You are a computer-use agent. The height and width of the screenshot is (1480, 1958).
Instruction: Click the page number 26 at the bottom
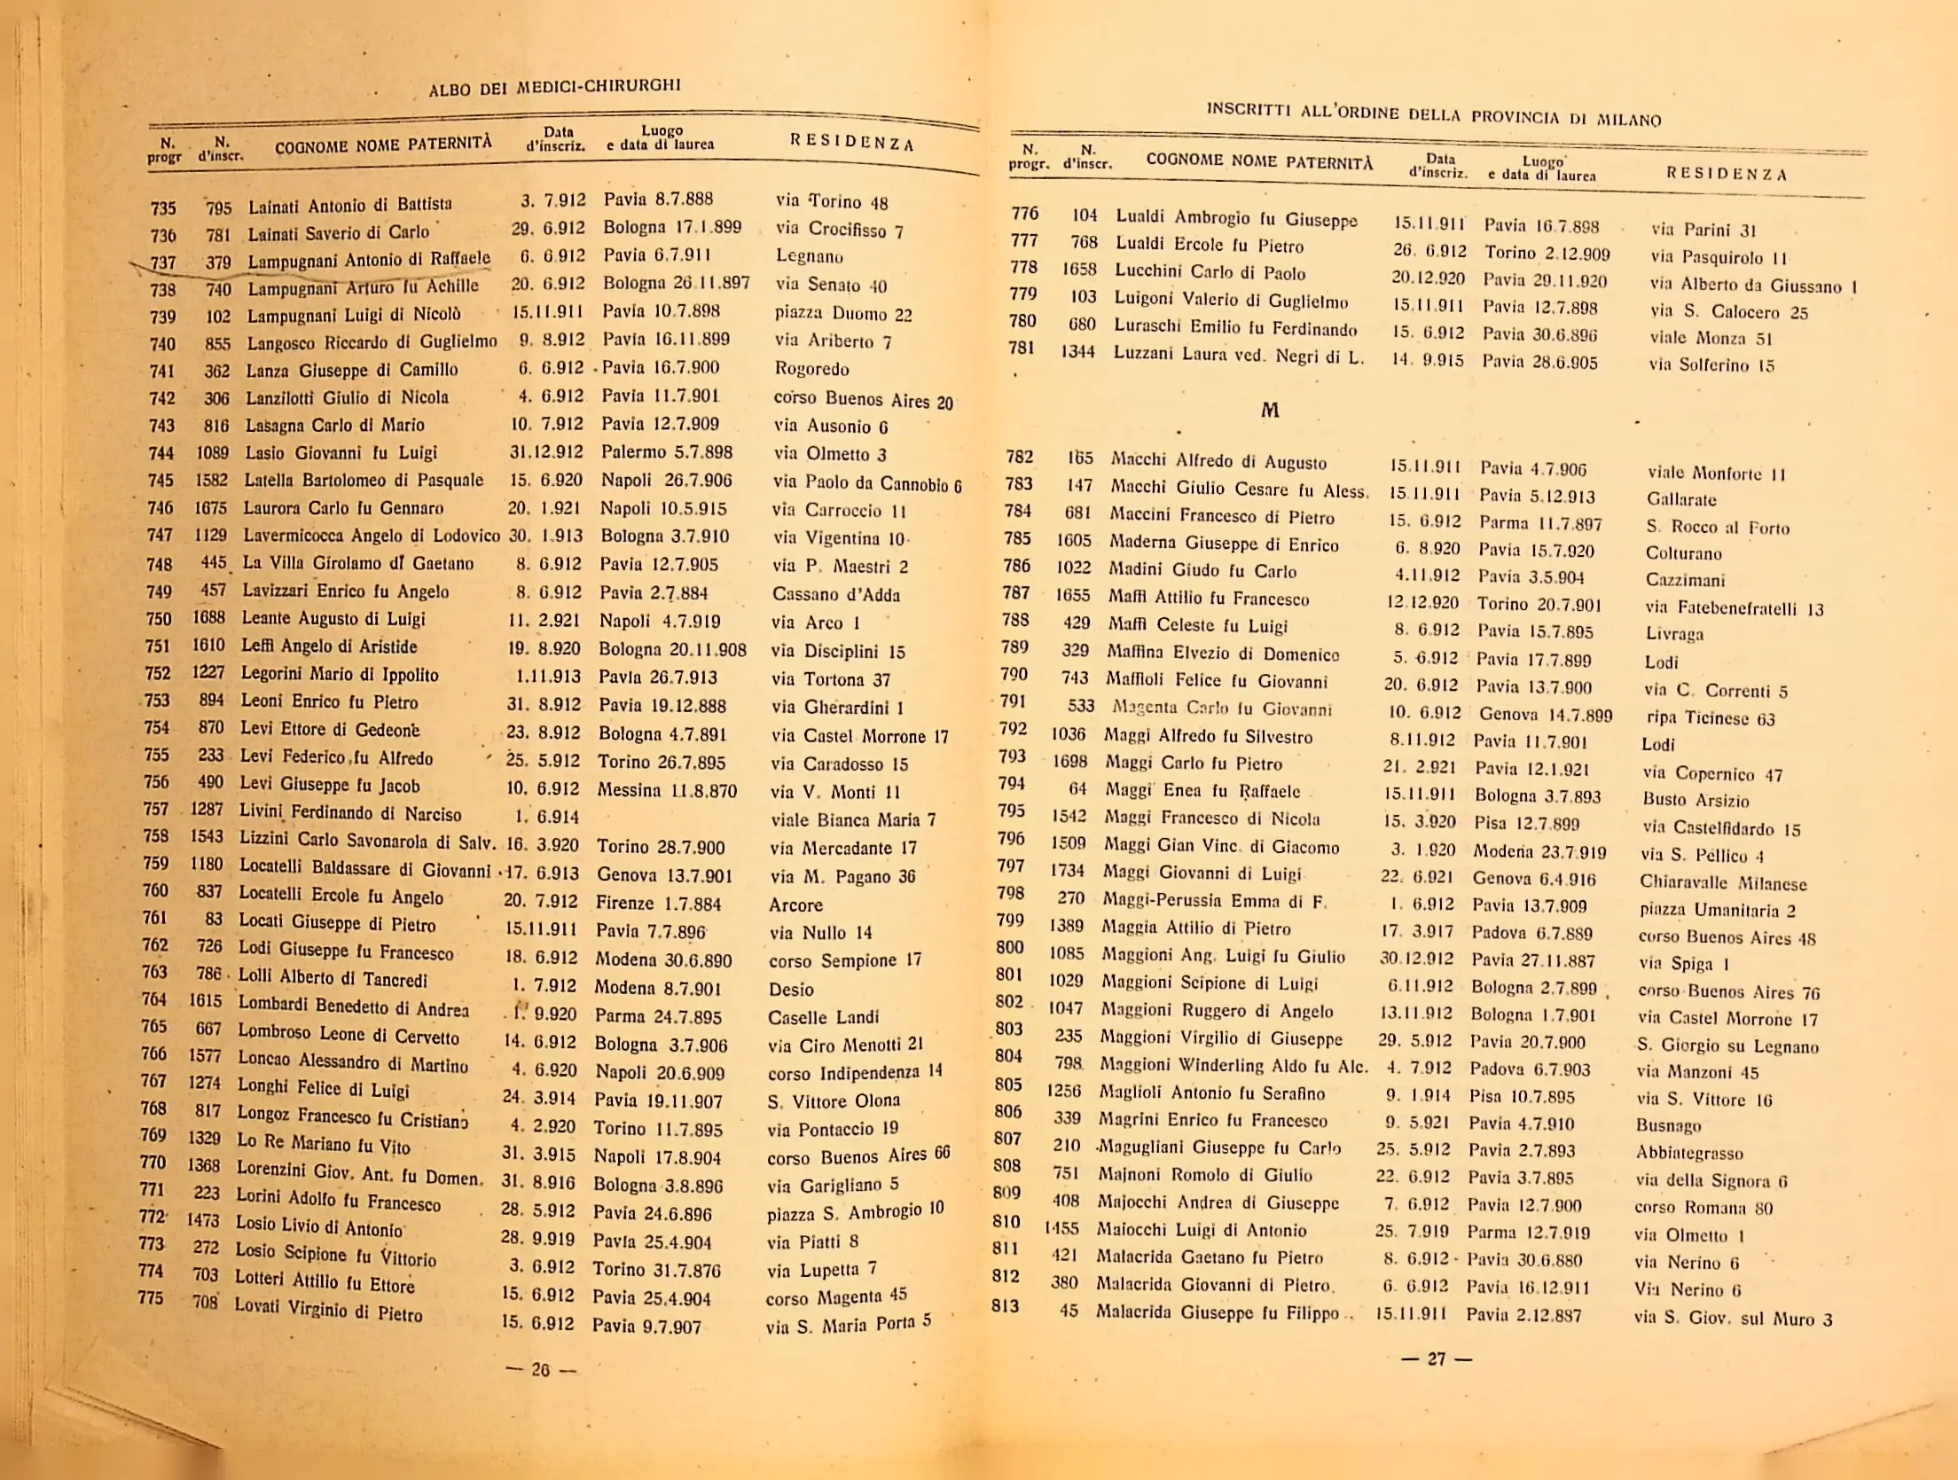click(x=540, y=1369)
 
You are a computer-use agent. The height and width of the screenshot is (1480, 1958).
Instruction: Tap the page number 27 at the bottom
click(x=1437, y=1359)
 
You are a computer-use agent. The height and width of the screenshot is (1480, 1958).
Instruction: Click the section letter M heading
click(x=1270, y=411)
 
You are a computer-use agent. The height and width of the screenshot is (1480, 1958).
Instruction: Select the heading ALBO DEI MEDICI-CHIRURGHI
click(x=554, y=87)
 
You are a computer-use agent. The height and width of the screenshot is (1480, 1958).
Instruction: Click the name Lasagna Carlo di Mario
click(x=334, y=425)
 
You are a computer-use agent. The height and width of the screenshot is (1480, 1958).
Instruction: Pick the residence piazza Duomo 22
click(x=842, y=314)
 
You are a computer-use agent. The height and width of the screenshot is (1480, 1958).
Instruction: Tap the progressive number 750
click(x=159, y=619)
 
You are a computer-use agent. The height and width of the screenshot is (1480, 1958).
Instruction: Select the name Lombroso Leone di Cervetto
click(x=349, y=1035)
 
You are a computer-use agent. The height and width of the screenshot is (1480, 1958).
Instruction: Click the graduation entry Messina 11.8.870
click(x=666, y=790)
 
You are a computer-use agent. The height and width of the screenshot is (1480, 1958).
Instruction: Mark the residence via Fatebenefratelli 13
click(x=1734, y=608)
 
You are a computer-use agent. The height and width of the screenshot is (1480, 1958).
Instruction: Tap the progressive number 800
click(x=1009, y=947)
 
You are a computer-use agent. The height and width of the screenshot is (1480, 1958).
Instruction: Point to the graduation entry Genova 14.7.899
click(x=1545, y=715)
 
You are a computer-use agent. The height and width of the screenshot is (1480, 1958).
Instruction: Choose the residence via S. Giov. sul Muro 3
click(x=1733, y=1319)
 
